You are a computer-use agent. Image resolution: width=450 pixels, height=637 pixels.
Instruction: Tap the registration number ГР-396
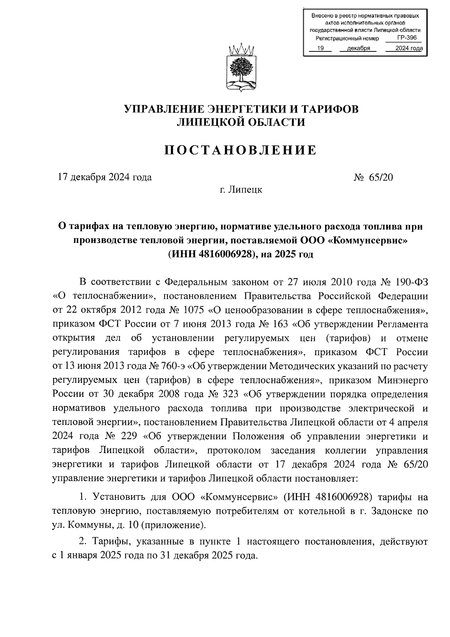pyautogui.click(x=407, y=38)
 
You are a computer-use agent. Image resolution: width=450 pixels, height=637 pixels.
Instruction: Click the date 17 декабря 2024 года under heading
pyautogui.click(x=104, y=178)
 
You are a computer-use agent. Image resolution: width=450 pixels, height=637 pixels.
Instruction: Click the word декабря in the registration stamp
pyautogui.click(x=358, y=48)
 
